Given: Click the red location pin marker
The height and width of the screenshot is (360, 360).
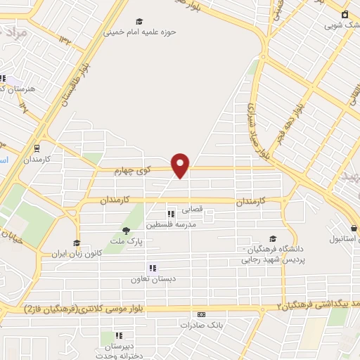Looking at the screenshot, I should (x=181, y=165).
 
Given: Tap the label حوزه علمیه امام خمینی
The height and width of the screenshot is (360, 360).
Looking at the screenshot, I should (x=140, y=32).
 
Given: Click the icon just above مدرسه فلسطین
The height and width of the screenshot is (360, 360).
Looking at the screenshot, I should (x=169, y=214).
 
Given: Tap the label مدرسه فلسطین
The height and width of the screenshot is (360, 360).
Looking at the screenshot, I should (x=169, y=225).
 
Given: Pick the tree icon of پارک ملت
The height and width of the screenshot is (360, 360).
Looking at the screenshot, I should (x=126, y=230).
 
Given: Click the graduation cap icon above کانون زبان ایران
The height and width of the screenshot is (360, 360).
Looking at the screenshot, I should (x=76, y=243).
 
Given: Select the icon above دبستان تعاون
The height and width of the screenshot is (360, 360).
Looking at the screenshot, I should (x=151, y=268).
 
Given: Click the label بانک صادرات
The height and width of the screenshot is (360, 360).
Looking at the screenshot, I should (x=201, y=326).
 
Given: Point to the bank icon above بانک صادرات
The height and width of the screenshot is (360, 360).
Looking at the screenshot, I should (x=202, y=315).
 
